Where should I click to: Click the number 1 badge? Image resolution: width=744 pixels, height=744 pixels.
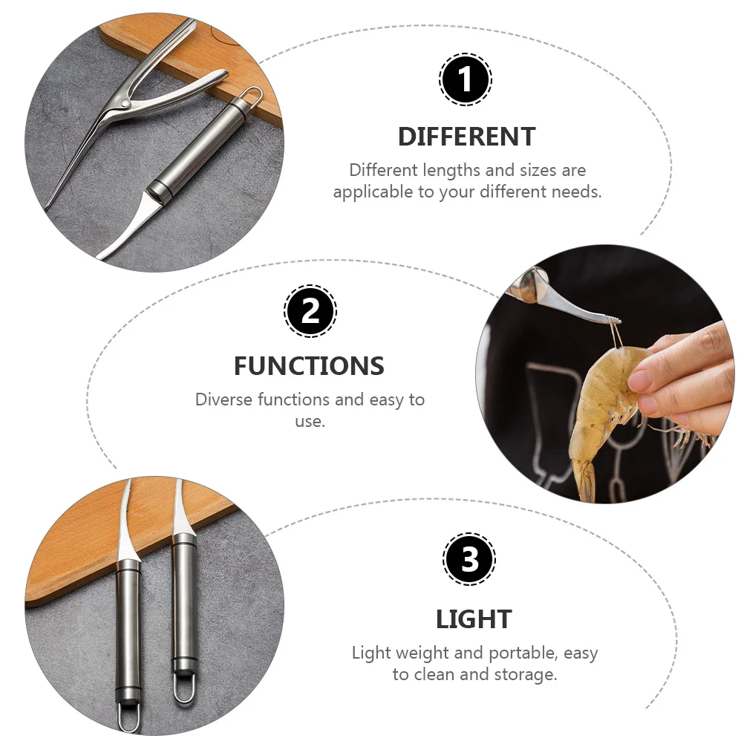click(466, 80)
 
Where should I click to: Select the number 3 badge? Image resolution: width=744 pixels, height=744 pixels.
click(469, 559)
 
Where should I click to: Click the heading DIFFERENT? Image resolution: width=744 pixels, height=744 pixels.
click(466, 137)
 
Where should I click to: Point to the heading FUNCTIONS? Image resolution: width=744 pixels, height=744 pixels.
click(309, 366)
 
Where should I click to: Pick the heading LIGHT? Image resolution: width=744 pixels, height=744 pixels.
click(474, 619)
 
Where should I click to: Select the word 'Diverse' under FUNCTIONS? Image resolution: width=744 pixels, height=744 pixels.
click(224, 399)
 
